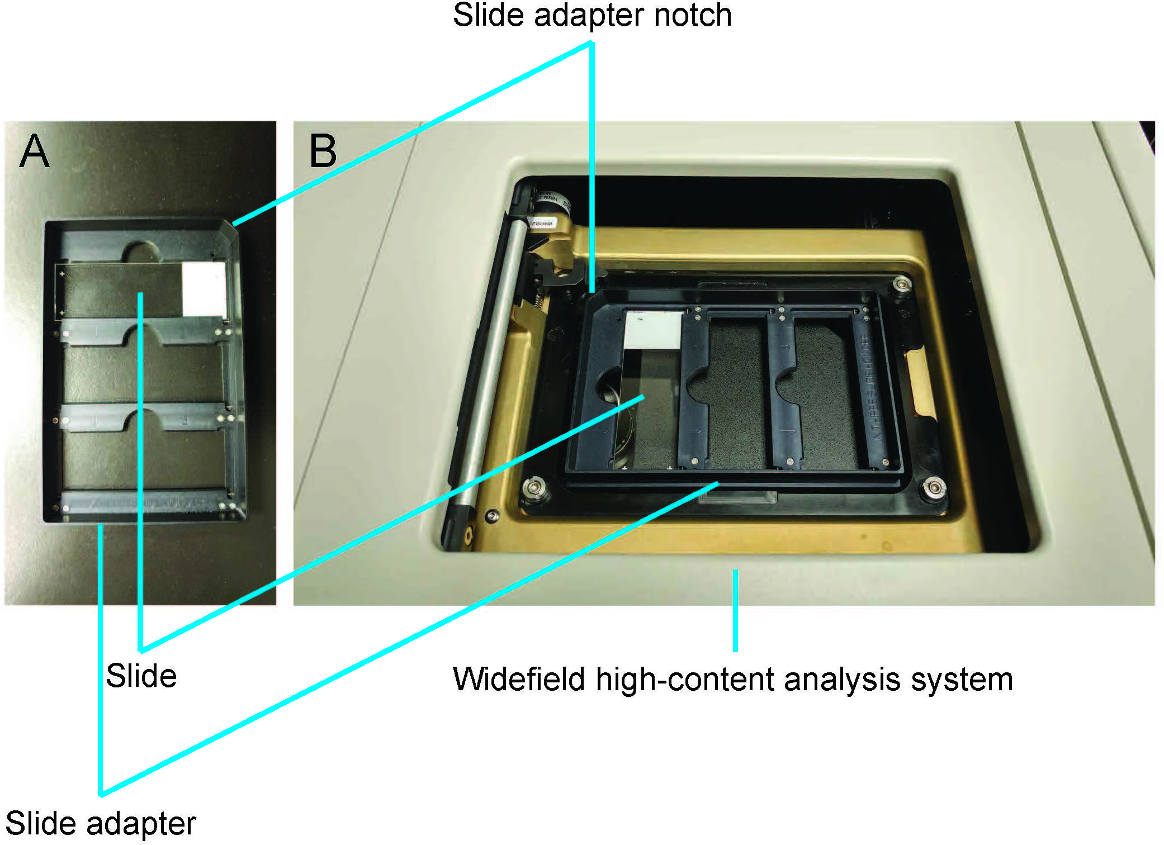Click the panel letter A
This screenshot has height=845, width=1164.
tap(34, 151)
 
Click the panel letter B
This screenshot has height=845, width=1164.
tap(323, 151)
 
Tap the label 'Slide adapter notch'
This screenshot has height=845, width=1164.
tap(592, 15)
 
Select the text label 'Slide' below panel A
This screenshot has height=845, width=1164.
tap(141, 676)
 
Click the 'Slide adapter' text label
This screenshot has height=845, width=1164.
tap(101, 824)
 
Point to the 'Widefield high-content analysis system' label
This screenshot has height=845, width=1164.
tap(732, 680)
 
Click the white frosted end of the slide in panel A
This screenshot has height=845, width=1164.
tap(204, 289)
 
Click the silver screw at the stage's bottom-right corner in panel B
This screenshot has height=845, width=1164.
tap(933, 487)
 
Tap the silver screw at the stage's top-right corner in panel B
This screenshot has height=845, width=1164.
tap(901, 285)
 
